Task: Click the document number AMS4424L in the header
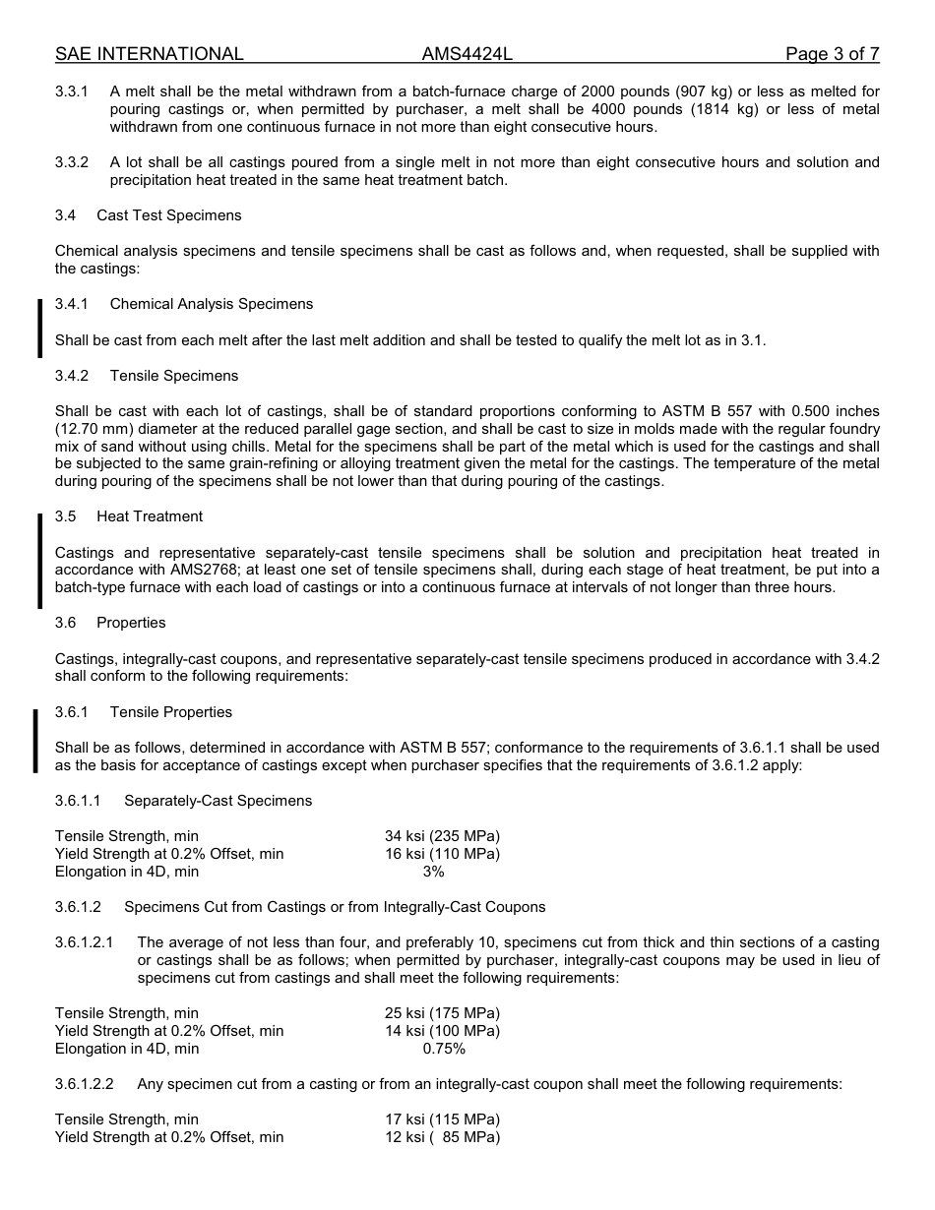point(467,54)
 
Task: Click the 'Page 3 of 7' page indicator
point(832,54)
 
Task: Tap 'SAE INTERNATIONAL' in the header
point(150,54)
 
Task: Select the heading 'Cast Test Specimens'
point(168,215)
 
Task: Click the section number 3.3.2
point(72,162)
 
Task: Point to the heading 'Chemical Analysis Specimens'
point(212,304)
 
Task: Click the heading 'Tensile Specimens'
point(174,376)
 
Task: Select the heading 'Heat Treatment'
point(150,516)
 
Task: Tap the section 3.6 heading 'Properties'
point(131,623)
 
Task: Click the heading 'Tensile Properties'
point(171,712)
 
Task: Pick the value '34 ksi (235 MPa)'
point(442,836)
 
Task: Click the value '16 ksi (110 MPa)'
point(442,854)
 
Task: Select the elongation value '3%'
point(433,872)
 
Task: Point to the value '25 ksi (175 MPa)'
point(442,1013)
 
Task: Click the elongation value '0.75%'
point(444,1049)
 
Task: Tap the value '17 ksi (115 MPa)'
point(442,1119)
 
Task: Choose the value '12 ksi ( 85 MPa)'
point(442,1137)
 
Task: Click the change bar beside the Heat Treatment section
point(39,561)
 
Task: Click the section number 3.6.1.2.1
point(85,942)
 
